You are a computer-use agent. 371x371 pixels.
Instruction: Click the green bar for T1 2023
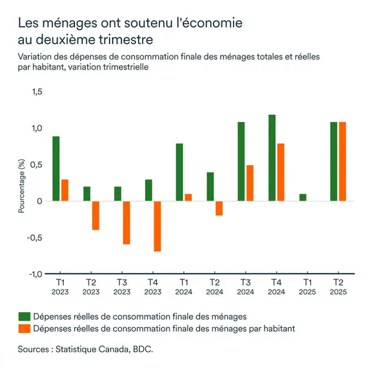click(56, 169)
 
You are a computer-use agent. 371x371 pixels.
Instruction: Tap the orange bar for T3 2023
click(126, 223)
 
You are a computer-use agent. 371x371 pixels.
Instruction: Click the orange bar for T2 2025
click(343, 161)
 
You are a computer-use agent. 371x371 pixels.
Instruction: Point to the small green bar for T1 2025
click(303, 197)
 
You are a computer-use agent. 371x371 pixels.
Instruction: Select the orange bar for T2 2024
click(219, 208)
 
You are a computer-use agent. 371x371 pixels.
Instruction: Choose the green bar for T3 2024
click(241, 161)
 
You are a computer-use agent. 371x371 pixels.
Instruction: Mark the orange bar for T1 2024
click(188, 197)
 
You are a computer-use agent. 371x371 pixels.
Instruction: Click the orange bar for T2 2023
click(95, 216)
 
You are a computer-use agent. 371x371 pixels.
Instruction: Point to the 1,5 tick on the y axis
click(36, 92)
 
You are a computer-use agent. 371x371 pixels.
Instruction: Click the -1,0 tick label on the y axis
click(34, 274)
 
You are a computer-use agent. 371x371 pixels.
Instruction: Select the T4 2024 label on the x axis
click(276, 287)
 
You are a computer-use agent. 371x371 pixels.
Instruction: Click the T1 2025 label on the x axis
click(306, 287)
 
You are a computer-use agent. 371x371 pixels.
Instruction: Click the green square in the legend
click(24, 316)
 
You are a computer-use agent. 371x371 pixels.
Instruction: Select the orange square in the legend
click(24, 328)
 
